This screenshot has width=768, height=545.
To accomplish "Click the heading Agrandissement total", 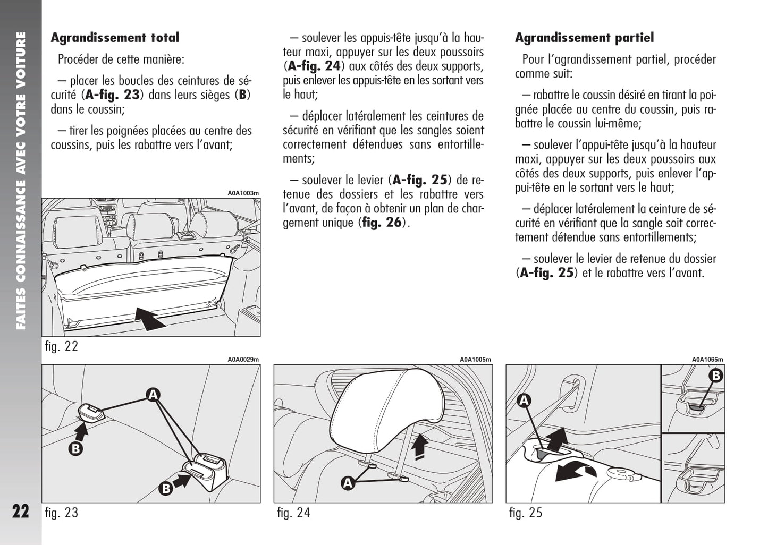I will (115, 38).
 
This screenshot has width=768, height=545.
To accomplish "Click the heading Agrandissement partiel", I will (584, 38).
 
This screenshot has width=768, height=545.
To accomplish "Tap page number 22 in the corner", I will (21, 511).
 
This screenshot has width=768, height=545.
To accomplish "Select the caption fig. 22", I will (61, 346).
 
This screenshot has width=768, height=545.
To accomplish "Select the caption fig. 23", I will (61, 513).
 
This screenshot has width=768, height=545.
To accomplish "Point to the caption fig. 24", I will (293, 513).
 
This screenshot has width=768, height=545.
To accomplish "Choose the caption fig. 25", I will (526, 513).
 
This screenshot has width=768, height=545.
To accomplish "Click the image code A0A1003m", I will (243, 193).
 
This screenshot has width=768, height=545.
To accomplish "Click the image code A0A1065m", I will (707, 360).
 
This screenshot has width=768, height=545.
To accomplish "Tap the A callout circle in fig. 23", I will (153, 395).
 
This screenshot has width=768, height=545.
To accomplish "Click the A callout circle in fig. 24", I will (348, 483).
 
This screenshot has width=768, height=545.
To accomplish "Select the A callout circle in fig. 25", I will (524, 400).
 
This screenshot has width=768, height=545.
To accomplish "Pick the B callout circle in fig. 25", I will (715, 376).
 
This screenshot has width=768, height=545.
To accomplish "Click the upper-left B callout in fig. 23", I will (76, 449).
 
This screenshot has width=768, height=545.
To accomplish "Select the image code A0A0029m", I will (243, 360).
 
